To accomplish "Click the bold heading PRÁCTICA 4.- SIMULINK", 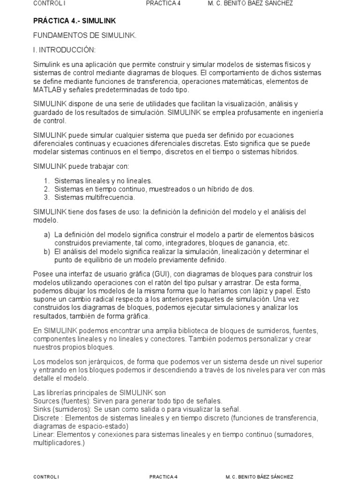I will click(x=75, y=21).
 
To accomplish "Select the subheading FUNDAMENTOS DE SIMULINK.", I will click(x=85, y=36).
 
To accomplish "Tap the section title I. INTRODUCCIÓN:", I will click(x=64, y=50).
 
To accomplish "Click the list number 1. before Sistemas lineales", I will click(x=47, y=180).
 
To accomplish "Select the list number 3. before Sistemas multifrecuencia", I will click(x=47, y=197).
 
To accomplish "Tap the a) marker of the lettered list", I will click(x=47, y=234).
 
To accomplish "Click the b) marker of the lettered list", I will click(x=47, y=251).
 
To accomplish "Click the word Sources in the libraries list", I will click(x=46, y=401).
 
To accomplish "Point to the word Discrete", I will click(x=47, y=418).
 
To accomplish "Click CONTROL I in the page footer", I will click(x=46, y=477).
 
